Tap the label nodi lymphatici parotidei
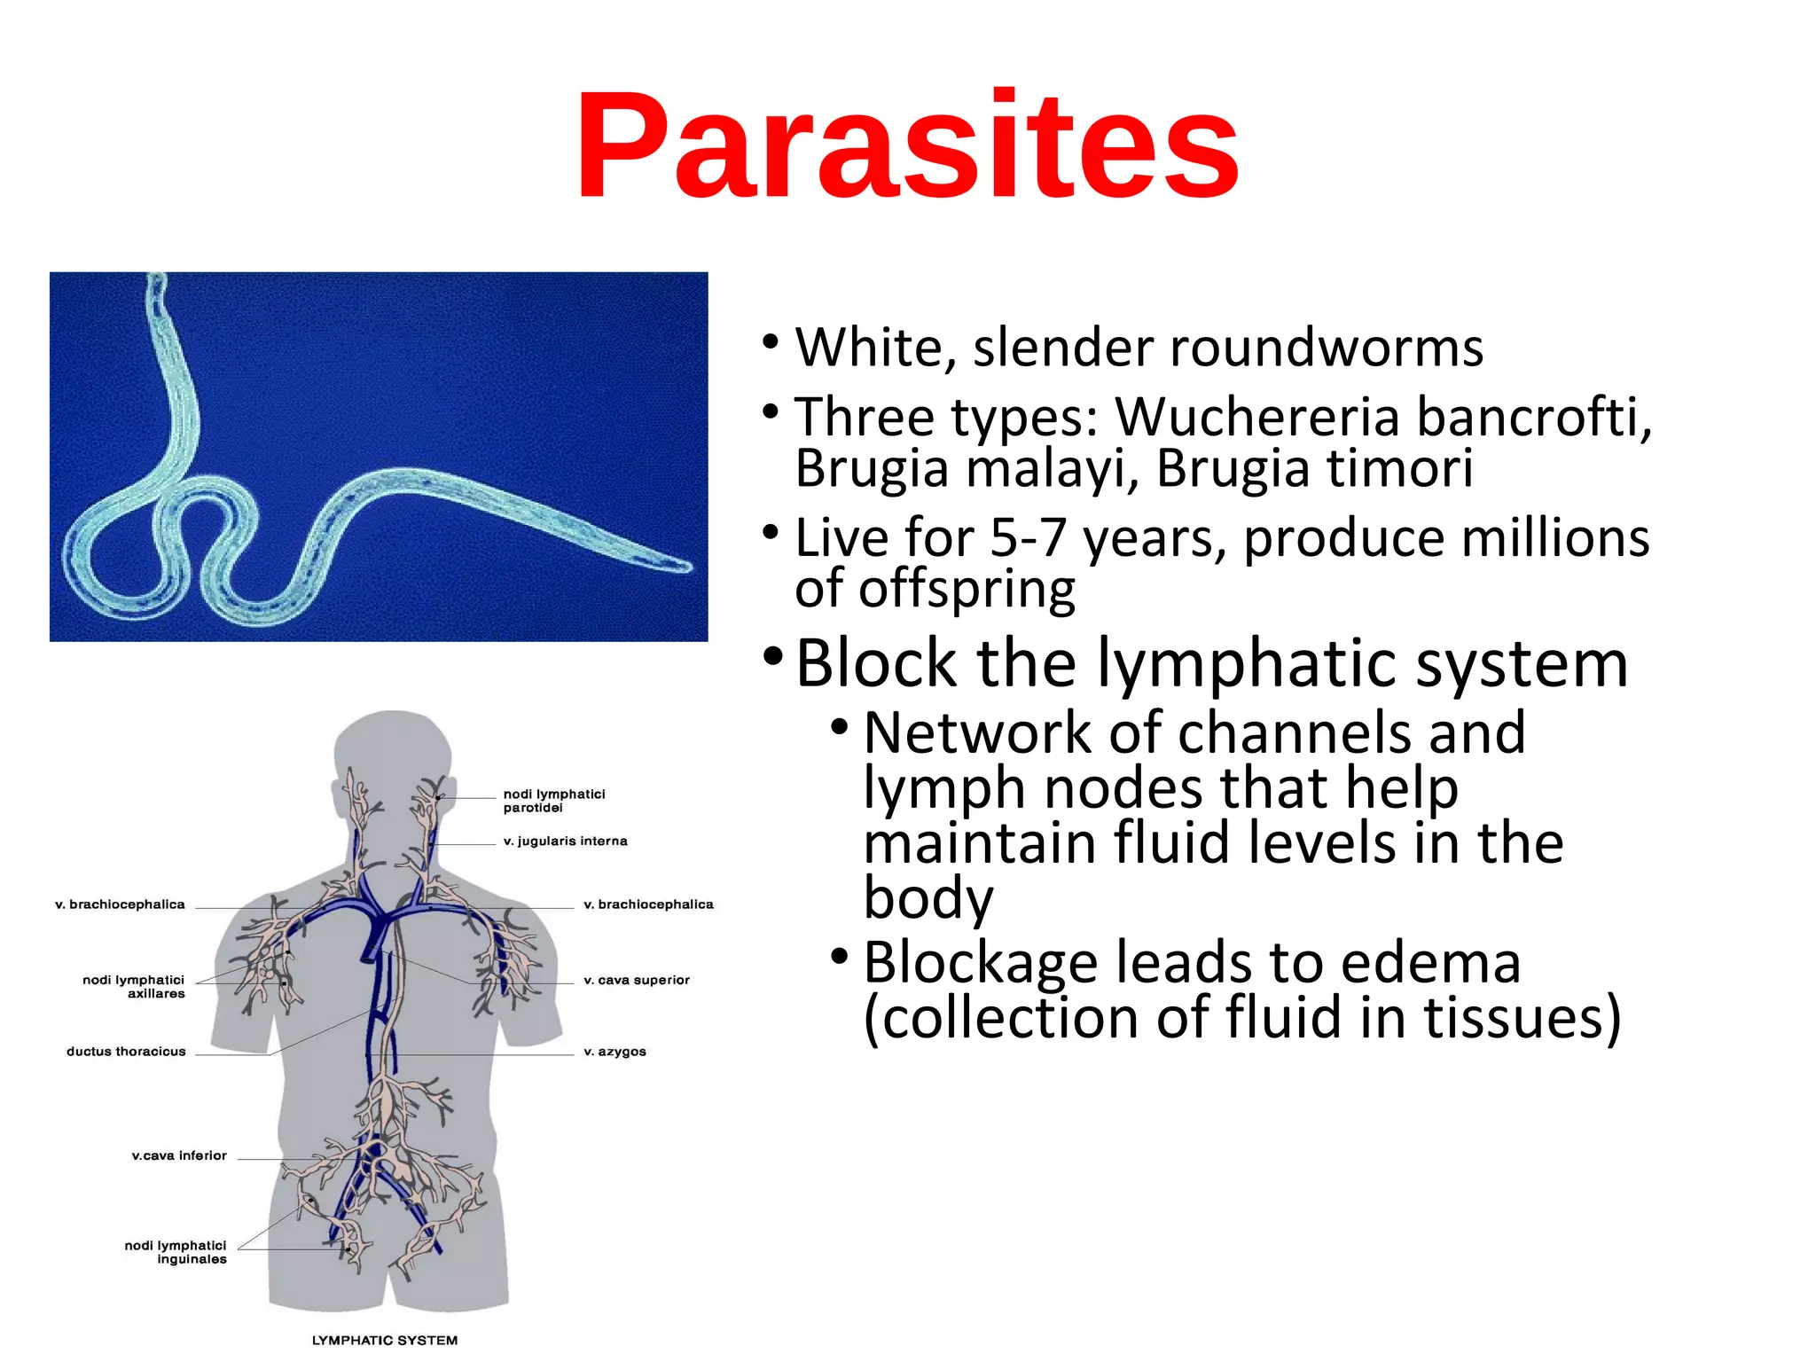click(553, 801)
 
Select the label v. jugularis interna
click(565, 841)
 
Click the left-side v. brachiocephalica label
click(120, 904)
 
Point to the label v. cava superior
click(636, 980)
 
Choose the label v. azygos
click(614, 1052)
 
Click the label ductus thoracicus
click(126, 1052)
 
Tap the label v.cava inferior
click(179, 1155)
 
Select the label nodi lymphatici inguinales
click(176, 1252)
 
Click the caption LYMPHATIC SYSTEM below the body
click(385, 1340)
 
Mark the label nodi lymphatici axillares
click(135, 986)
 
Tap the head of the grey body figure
click(393, 754)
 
